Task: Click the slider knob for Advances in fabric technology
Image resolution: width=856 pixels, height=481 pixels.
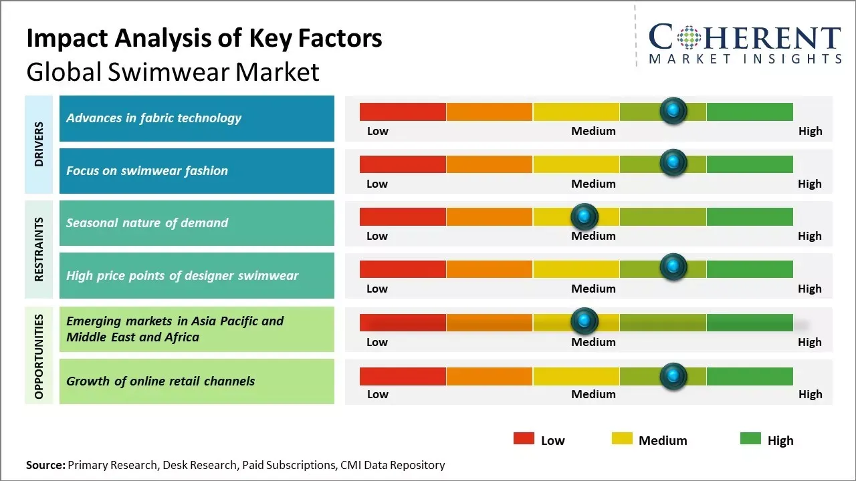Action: [x=673, y=110]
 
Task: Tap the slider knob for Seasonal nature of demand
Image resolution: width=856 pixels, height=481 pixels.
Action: [x=584, y=216]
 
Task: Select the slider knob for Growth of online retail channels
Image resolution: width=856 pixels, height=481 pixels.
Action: [x=673, y=376]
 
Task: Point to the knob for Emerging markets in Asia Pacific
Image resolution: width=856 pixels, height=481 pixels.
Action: [x=584, y=321]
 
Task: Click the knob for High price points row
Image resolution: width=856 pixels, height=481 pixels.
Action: [x=673, y=267]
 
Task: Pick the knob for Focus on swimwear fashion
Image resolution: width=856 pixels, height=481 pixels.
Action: [x=673, y=162]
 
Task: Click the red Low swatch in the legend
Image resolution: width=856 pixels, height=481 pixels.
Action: [x=524, y=439]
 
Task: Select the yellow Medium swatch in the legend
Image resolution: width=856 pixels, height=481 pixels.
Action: [x=622, y=439]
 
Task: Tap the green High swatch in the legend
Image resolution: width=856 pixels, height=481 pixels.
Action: [x=750, y=439]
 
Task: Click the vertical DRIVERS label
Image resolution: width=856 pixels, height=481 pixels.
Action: [x=39, y=144]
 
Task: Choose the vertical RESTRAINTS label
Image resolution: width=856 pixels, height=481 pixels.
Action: [x=39, y=249]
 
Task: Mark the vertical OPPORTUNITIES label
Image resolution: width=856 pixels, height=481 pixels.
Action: [x=39, y=356]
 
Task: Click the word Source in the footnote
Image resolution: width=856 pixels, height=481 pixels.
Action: [x=45, y=465]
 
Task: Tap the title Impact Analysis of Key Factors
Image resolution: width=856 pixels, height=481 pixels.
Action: [x=204, y=39]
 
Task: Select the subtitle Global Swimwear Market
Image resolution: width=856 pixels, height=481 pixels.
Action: [x=173, y=71]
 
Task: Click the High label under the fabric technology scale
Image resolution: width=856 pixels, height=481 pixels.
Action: [x=810, y=131]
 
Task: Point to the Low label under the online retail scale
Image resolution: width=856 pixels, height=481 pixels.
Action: [x=377, y=394]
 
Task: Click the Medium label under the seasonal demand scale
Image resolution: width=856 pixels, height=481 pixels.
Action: [x=593, y=236]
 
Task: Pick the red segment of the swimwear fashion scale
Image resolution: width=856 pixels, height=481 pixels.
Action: [x=403, y=164]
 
